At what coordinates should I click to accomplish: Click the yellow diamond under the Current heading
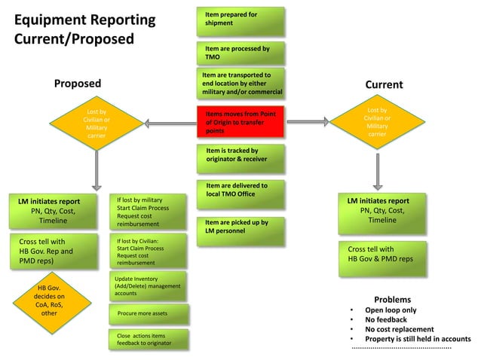coord(377,124)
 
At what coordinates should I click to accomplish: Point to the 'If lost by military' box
coord(146,212)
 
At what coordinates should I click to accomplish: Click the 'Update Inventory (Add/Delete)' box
coord(148,286)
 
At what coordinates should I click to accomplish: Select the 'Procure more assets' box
coord(148,313)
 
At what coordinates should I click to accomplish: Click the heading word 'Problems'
coord(392,300)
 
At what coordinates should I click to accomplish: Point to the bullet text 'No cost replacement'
coord(399,329)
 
